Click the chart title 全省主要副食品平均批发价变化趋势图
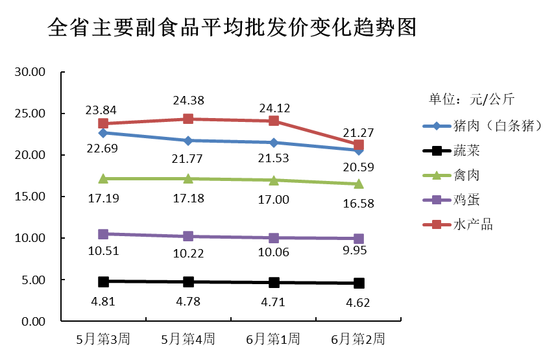[x=232, y=27]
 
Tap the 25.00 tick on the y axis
[x=30, y=114]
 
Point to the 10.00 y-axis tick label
[x=30, y=238]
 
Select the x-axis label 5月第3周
[x=103, y=339]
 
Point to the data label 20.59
[x=358, y=167]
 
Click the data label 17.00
[x=274, y=199]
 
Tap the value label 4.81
[x=103, y=300]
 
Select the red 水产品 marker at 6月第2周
[x=358, y=145]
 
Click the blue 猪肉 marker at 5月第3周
[x=103, y=133]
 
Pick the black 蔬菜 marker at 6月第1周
[x=274, y=282]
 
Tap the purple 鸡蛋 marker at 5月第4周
[x=188, y=236]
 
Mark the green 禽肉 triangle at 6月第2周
[x=358, y=184]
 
